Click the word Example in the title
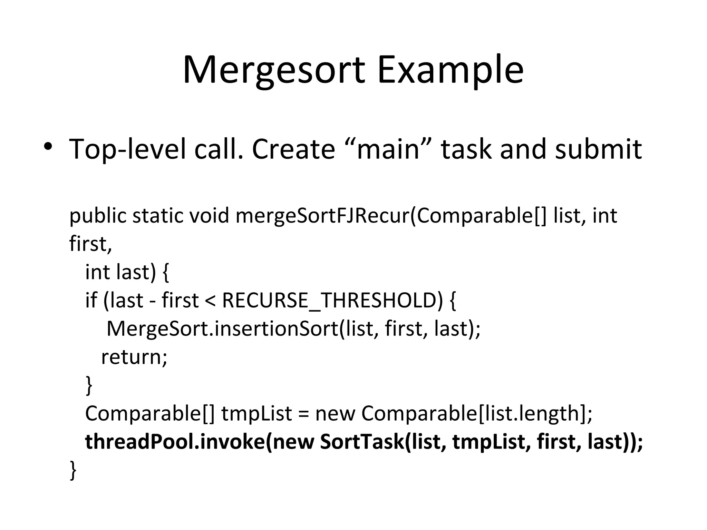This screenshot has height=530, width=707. [451, 71]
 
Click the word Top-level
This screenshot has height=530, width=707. [128, 149]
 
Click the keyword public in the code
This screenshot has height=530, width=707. [98, 216]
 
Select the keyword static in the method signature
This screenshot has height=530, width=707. [157, 216]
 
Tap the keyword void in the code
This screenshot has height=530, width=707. [209, 216]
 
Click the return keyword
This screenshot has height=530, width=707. [134, 357]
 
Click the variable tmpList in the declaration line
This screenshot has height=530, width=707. [257, 414]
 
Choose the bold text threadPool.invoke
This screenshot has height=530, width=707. [174, 442]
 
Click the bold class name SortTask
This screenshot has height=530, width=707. [361, 442]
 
